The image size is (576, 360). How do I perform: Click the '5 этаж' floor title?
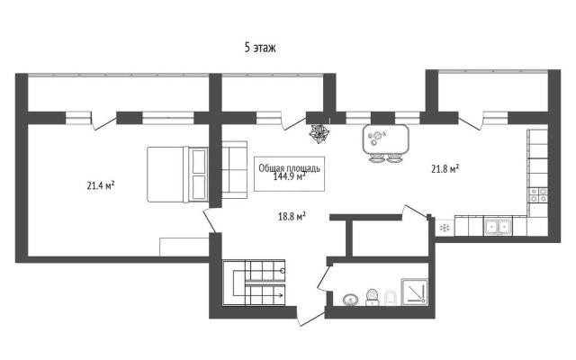260,48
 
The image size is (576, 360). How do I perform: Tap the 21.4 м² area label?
101,185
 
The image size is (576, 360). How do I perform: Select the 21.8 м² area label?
445,168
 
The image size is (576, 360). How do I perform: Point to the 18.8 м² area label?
292,216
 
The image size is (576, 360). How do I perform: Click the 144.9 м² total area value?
290,177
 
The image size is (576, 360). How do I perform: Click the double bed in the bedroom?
178,174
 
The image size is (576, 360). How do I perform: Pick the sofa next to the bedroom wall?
234,169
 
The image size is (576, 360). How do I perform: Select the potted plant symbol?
319,133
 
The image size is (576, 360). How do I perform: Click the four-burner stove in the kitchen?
538,194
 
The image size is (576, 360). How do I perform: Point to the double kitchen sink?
498,227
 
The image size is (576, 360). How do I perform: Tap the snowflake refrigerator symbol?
445,228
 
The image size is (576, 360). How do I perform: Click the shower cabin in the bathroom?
414,292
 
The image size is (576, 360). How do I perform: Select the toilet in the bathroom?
373,297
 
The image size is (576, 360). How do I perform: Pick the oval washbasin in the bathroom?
351,300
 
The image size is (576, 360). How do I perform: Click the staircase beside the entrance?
254,282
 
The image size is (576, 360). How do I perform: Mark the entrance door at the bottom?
310,319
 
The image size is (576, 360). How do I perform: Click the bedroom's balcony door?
104,122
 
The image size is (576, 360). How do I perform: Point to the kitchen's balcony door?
470,123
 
